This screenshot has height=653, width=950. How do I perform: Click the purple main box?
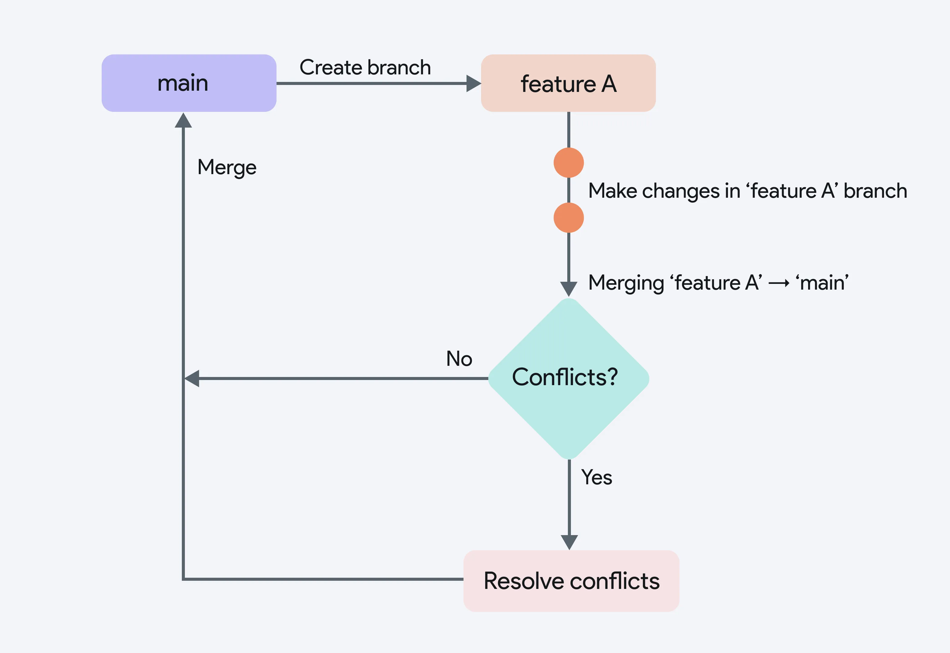[x=189, y=83]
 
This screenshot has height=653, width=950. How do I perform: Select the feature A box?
[x=568, y=83]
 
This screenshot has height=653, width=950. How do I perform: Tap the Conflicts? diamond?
[x=569, y=378]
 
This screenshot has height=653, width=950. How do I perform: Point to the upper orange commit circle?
[x=569, y=162]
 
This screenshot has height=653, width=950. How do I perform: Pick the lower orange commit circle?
[x=569, y=218]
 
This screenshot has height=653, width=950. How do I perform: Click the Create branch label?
[x=365, y=67]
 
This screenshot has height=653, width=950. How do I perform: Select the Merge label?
[x=227, y=167]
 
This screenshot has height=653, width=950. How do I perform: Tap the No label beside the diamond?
[x=459, y=359]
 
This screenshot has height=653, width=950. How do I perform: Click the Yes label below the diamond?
[x=597, y=477]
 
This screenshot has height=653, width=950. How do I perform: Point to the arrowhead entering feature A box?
[x=474, y=83]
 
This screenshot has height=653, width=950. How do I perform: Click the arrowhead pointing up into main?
[x=183, y=120]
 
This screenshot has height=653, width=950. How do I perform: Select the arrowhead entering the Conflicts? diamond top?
[x=569, y=289]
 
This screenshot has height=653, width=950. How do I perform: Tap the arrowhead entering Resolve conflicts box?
[x=569, y=542]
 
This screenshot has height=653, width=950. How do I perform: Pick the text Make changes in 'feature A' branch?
[x=748, y=191]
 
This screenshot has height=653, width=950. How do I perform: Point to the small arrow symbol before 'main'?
[x=779, y=283]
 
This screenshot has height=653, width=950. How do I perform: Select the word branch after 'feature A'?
[x=876, y=191]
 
